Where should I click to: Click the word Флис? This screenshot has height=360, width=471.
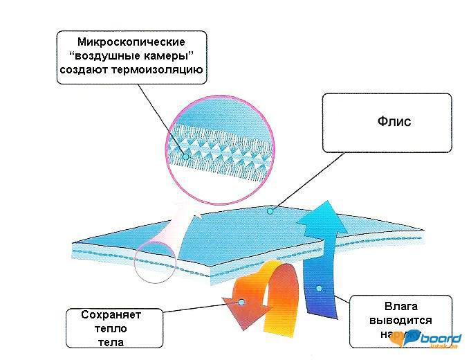394,122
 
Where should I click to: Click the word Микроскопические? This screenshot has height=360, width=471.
131,42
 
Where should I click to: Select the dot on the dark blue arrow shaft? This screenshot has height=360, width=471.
319,287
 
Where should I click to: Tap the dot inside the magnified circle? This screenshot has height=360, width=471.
185,156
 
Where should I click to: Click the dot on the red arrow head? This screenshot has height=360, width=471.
241,303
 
